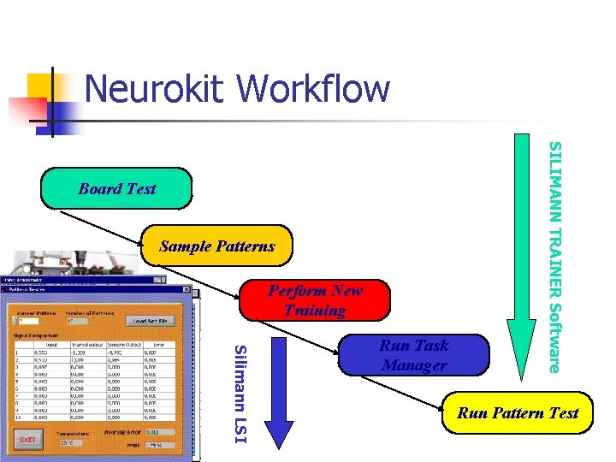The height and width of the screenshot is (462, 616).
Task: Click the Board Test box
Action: point(117,188)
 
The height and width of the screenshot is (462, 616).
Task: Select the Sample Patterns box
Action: point(217,246)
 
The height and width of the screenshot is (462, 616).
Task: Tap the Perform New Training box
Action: point(315,300)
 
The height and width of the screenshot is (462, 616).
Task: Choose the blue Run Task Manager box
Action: point(414,355)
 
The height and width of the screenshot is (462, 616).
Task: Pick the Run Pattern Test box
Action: point(518,413)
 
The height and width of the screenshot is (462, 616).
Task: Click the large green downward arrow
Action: point(521,257)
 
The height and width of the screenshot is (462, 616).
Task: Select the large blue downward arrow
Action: point(278,394)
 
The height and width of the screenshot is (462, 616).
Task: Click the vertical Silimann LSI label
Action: point(240,394)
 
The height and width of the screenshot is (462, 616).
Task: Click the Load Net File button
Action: point(151,321)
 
